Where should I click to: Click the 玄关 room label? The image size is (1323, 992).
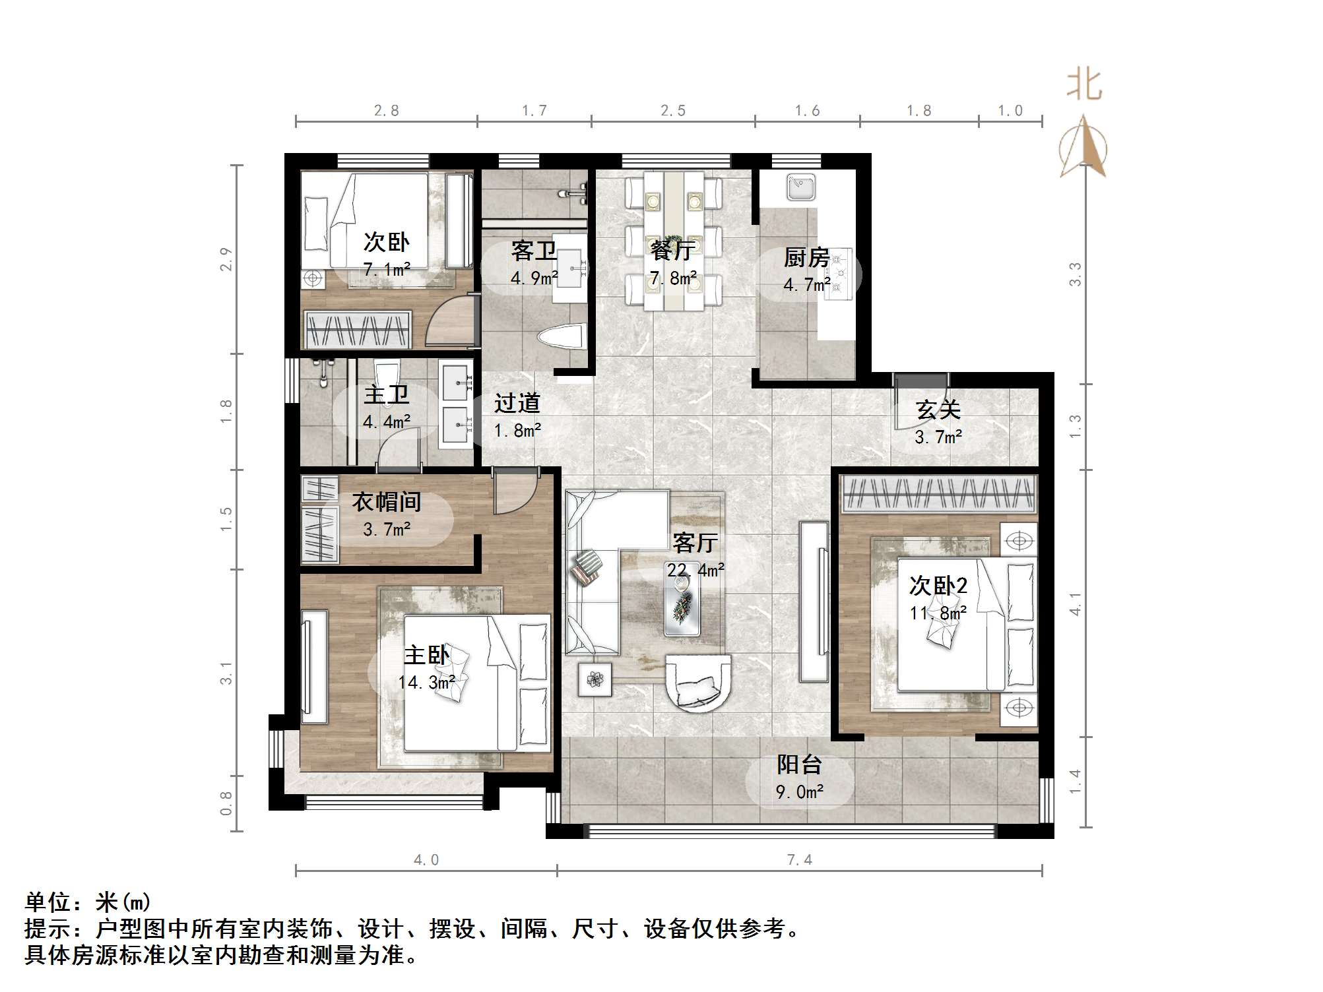point(938,410)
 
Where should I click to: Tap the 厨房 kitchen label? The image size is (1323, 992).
point(806,257)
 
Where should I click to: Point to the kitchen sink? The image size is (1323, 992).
point(800,186)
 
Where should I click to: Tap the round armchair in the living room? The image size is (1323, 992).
point(697,682)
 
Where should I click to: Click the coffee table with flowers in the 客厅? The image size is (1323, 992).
point(682,607)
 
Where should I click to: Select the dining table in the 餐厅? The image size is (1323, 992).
point(674,240)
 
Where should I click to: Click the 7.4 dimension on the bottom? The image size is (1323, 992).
point(799,859)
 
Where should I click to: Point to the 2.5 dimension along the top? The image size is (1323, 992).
point(673,111)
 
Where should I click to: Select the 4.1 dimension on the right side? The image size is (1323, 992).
point(1076,604)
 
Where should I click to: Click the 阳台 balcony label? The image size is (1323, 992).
point(799,764)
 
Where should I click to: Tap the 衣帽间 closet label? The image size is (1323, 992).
point(387,503)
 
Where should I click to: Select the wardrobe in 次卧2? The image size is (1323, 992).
point(938,494)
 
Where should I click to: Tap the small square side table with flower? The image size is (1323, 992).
point(595,679)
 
